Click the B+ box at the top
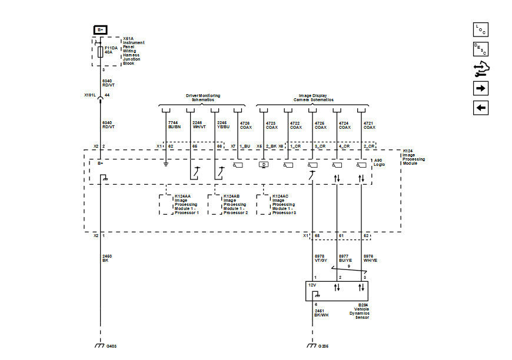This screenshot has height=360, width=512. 100,29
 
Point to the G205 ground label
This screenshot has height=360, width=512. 324,346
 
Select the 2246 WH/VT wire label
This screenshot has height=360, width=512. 200,125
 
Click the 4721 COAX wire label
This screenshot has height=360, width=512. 370,125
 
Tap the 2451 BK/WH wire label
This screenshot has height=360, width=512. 321,313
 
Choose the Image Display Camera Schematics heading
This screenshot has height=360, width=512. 311,97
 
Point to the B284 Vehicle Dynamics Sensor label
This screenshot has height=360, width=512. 363,311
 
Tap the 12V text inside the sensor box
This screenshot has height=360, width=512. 312,285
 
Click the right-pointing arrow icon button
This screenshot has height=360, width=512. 480,88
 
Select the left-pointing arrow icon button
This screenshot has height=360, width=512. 480,108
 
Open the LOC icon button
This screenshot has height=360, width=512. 480,29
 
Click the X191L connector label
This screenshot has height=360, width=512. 89,95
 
